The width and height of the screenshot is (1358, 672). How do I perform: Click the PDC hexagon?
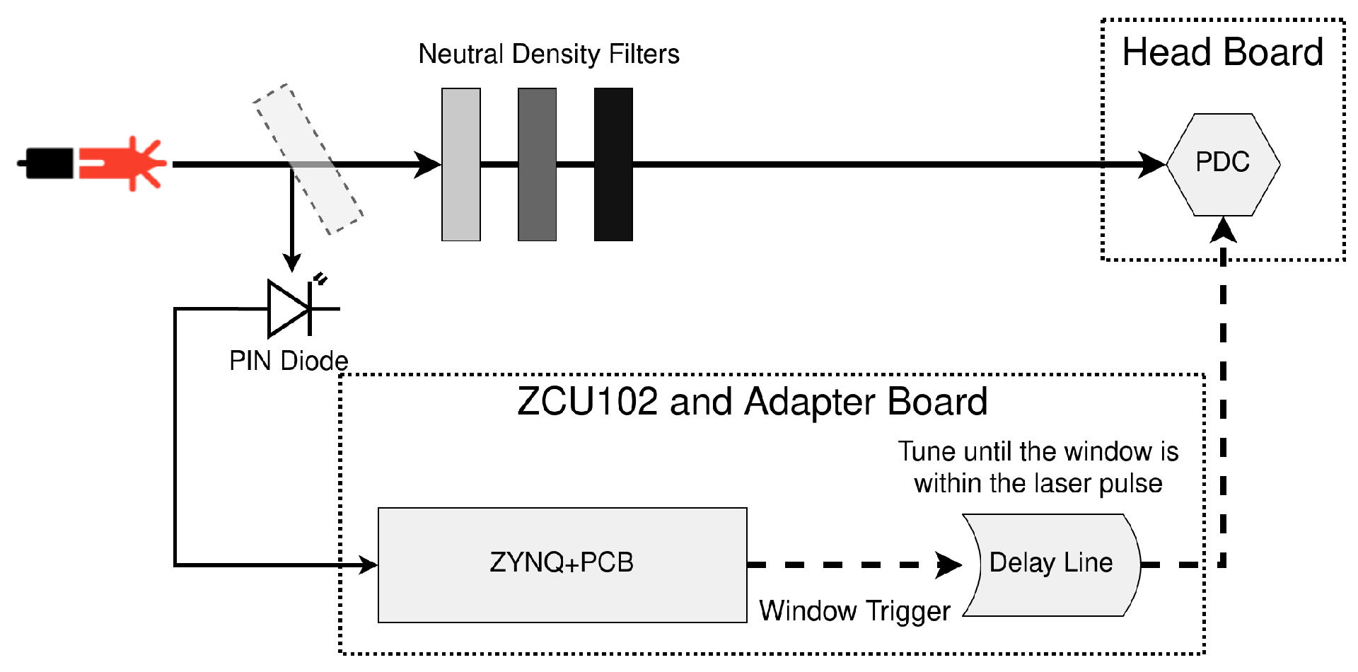(1223, 164)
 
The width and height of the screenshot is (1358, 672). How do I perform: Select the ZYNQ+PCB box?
(562, 564)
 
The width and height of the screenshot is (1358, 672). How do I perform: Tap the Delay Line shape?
(1052, 564)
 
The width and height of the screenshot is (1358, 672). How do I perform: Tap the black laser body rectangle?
(48, 163)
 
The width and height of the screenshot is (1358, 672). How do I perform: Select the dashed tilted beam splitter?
(308, 159)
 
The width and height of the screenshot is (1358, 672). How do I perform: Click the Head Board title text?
(1222, 53)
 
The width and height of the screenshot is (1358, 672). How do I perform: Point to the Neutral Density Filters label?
(548, 54)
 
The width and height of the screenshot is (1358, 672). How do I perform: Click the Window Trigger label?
(854, 610)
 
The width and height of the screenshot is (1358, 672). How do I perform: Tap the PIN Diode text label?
(289, 361)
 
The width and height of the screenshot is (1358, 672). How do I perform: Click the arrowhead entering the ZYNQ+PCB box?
(368, 564)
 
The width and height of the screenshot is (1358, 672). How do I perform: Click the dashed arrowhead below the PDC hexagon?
(1223, 231)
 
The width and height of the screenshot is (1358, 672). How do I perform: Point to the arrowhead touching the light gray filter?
(427, 164)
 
